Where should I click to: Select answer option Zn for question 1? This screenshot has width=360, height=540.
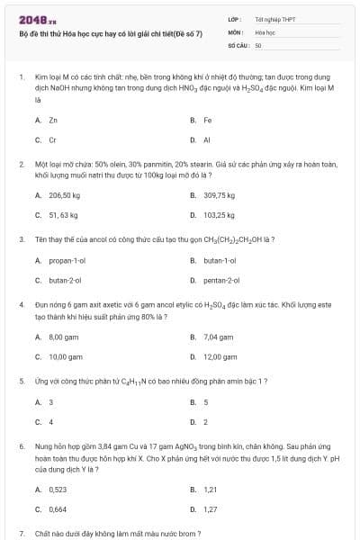point(53,120)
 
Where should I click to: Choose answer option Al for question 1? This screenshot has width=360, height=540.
point(207,140)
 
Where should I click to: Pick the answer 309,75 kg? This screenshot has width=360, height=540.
point(219,194)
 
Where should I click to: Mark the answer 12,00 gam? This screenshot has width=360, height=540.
point(220,356)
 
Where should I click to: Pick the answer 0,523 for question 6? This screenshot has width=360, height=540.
point(58,490)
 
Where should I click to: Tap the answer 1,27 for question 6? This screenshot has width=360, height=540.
point(211,509)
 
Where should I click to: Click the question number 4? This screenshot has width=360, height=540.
point(21,305)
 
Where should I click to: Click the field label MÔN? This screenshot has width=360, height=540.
point(236,31)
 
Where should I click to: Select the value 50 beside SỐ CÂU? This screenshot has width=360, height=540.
point(258,43)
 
